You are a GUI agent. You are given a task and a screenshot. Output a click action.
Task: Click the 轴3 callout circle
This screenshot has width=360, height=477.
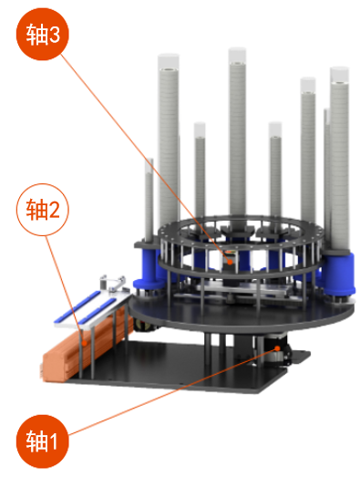click(x=43, y=34)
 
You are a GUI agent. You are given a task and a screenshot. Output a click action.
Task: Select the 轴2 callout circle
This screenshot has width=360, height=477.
click(x=43, y=210)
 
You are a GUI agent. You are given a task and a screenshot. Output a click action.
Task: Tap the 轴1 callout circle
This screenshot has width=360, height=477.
click(x=43, y=441)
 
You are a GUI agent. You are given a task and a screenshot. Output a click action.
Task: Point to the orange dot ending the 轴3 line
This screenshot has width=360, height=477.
click(x=231, y=262)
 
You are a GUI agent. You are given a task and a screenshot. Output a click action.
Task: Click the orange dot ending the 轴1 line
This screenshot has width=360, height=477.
click(x=277, y=348)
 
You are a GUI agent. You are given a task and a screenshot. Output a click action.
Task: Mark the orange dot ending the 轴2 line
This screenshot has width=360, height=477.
click(x=85, y=342)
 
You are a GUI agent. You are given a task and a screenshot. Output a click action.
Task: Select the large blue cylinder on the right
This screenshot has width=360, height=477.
click(x=339, y=274)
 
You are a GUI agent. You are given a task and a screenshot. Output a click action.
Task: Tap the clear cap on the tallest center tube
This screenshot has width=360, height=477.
click(x=237, y=56)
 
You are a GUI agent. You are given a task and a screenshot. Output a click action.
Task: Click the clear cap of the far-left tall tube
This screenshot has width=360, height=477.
click(x=169, y=62)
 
